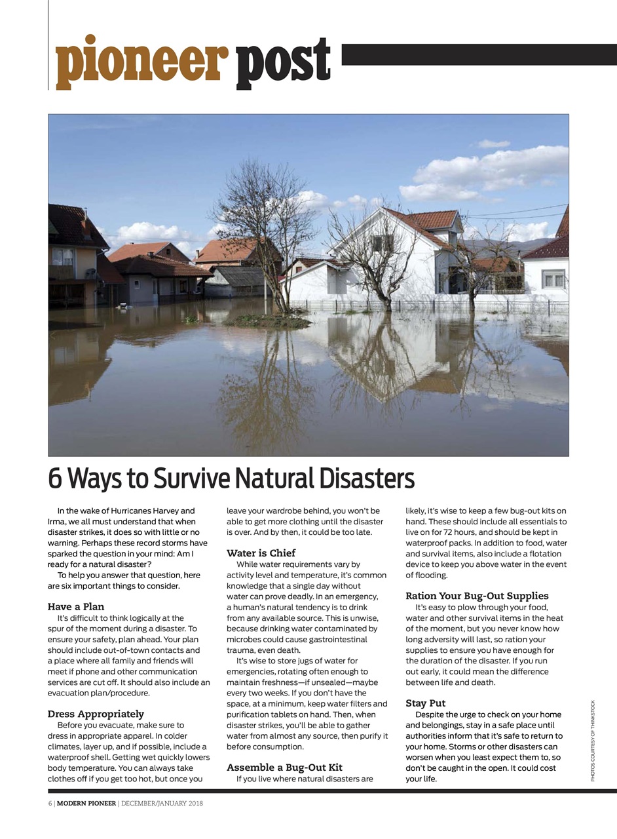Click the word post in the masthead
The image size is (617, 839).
coord(283,64)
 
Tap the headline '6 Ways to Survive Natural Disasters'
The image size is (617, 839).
coord(231,479)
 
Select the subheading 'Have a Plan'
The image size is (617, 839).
coord(76,606)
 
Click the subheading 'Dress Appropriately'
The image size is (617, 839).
coord(96,714)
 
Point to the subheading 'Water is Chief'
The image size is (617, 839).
coord(261,553)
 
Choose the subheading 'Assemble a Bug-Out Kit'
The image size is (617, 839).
coord(284,767)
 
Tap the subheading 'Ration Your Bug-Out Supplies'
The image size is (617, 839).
coord(477,596)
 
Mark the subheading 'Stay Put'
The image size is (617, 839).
coord(425,703)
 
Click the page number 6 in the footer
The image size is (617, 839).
coord(50,803)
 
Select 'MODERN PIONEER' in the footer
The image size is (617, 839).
coord(86,803)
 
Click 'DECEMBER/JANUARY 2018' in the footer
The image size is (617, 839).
coord(162,803)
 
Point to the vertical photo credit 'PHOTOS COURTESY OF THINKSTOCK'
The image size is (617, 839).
coord(593,741)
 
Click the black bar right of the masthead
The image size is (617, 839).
coord(478,54)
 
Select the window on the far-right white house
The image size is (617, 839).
coord(553,279)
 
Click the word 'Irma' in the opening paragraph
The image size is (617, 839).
coord(56,521)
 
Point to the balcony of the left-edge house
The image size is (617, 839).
coord(63,272)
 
